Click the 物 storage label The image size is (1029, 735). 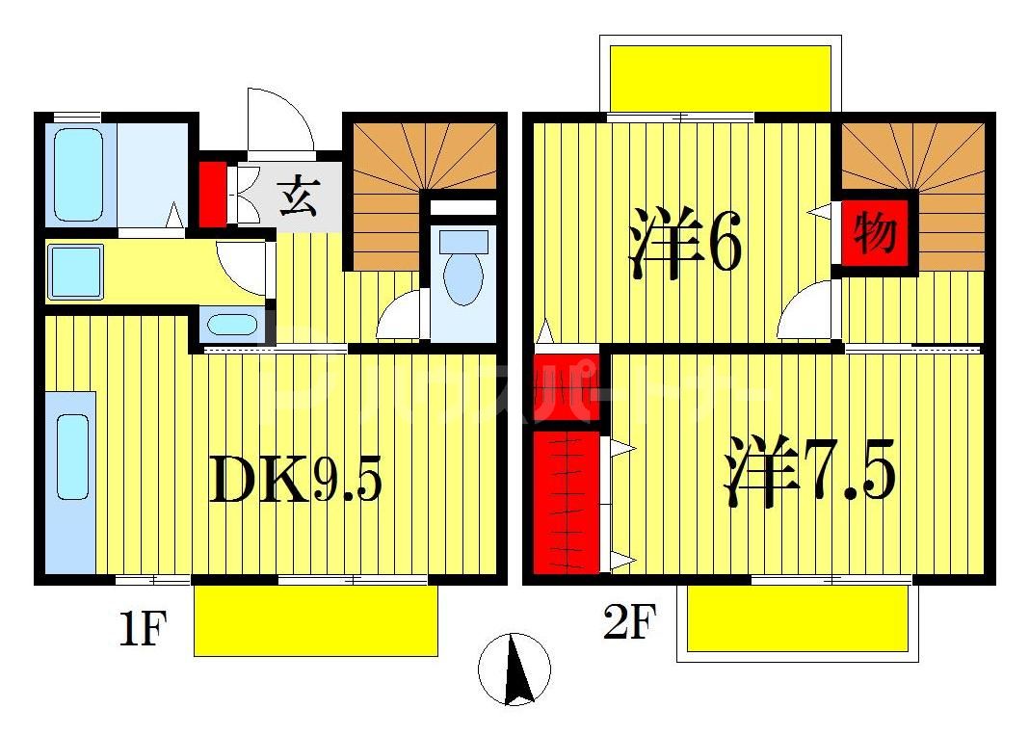pos(875,232)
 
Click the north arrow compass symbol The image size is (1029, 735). pos(515,669)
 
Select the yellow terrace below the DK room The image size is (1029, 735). pos(316,619)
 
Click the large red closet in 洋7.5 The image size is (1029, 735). pos(567,501)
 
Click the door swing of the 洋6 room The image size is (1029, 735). pos(807,313)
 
